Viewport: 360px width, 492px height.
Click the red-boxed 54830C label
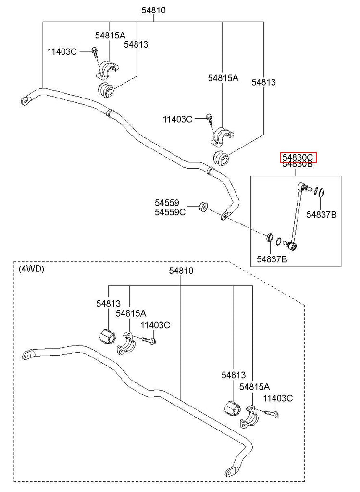pyautogui.click(x=297, y=157)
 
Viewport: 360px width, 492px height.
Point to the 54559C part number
pyautogui.click(x=170, y=212)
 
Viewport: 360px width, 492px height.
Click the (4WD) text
pyautogui.click(x=31, y=269)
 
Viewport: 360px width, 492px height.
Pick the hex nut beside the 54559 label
pyautogui.click(x=203, y=207)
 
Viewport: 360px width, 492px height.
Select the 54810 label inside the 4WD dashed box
pyautogui.click(x=181, y=271)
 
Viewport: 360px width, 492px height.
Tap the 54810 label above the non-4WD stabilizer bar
pyautogui.click(x=153, y=10)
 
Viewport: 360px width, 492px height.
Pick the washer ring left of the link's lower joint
pyautogui.click(x=271, y=237)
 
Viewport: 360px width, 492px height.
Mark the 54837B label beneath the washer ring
pyautogui.click(x=272, y=259)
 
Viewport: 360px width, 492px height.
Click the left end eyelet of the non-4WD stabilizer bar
pyautogui.click(x=25, y=100)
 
